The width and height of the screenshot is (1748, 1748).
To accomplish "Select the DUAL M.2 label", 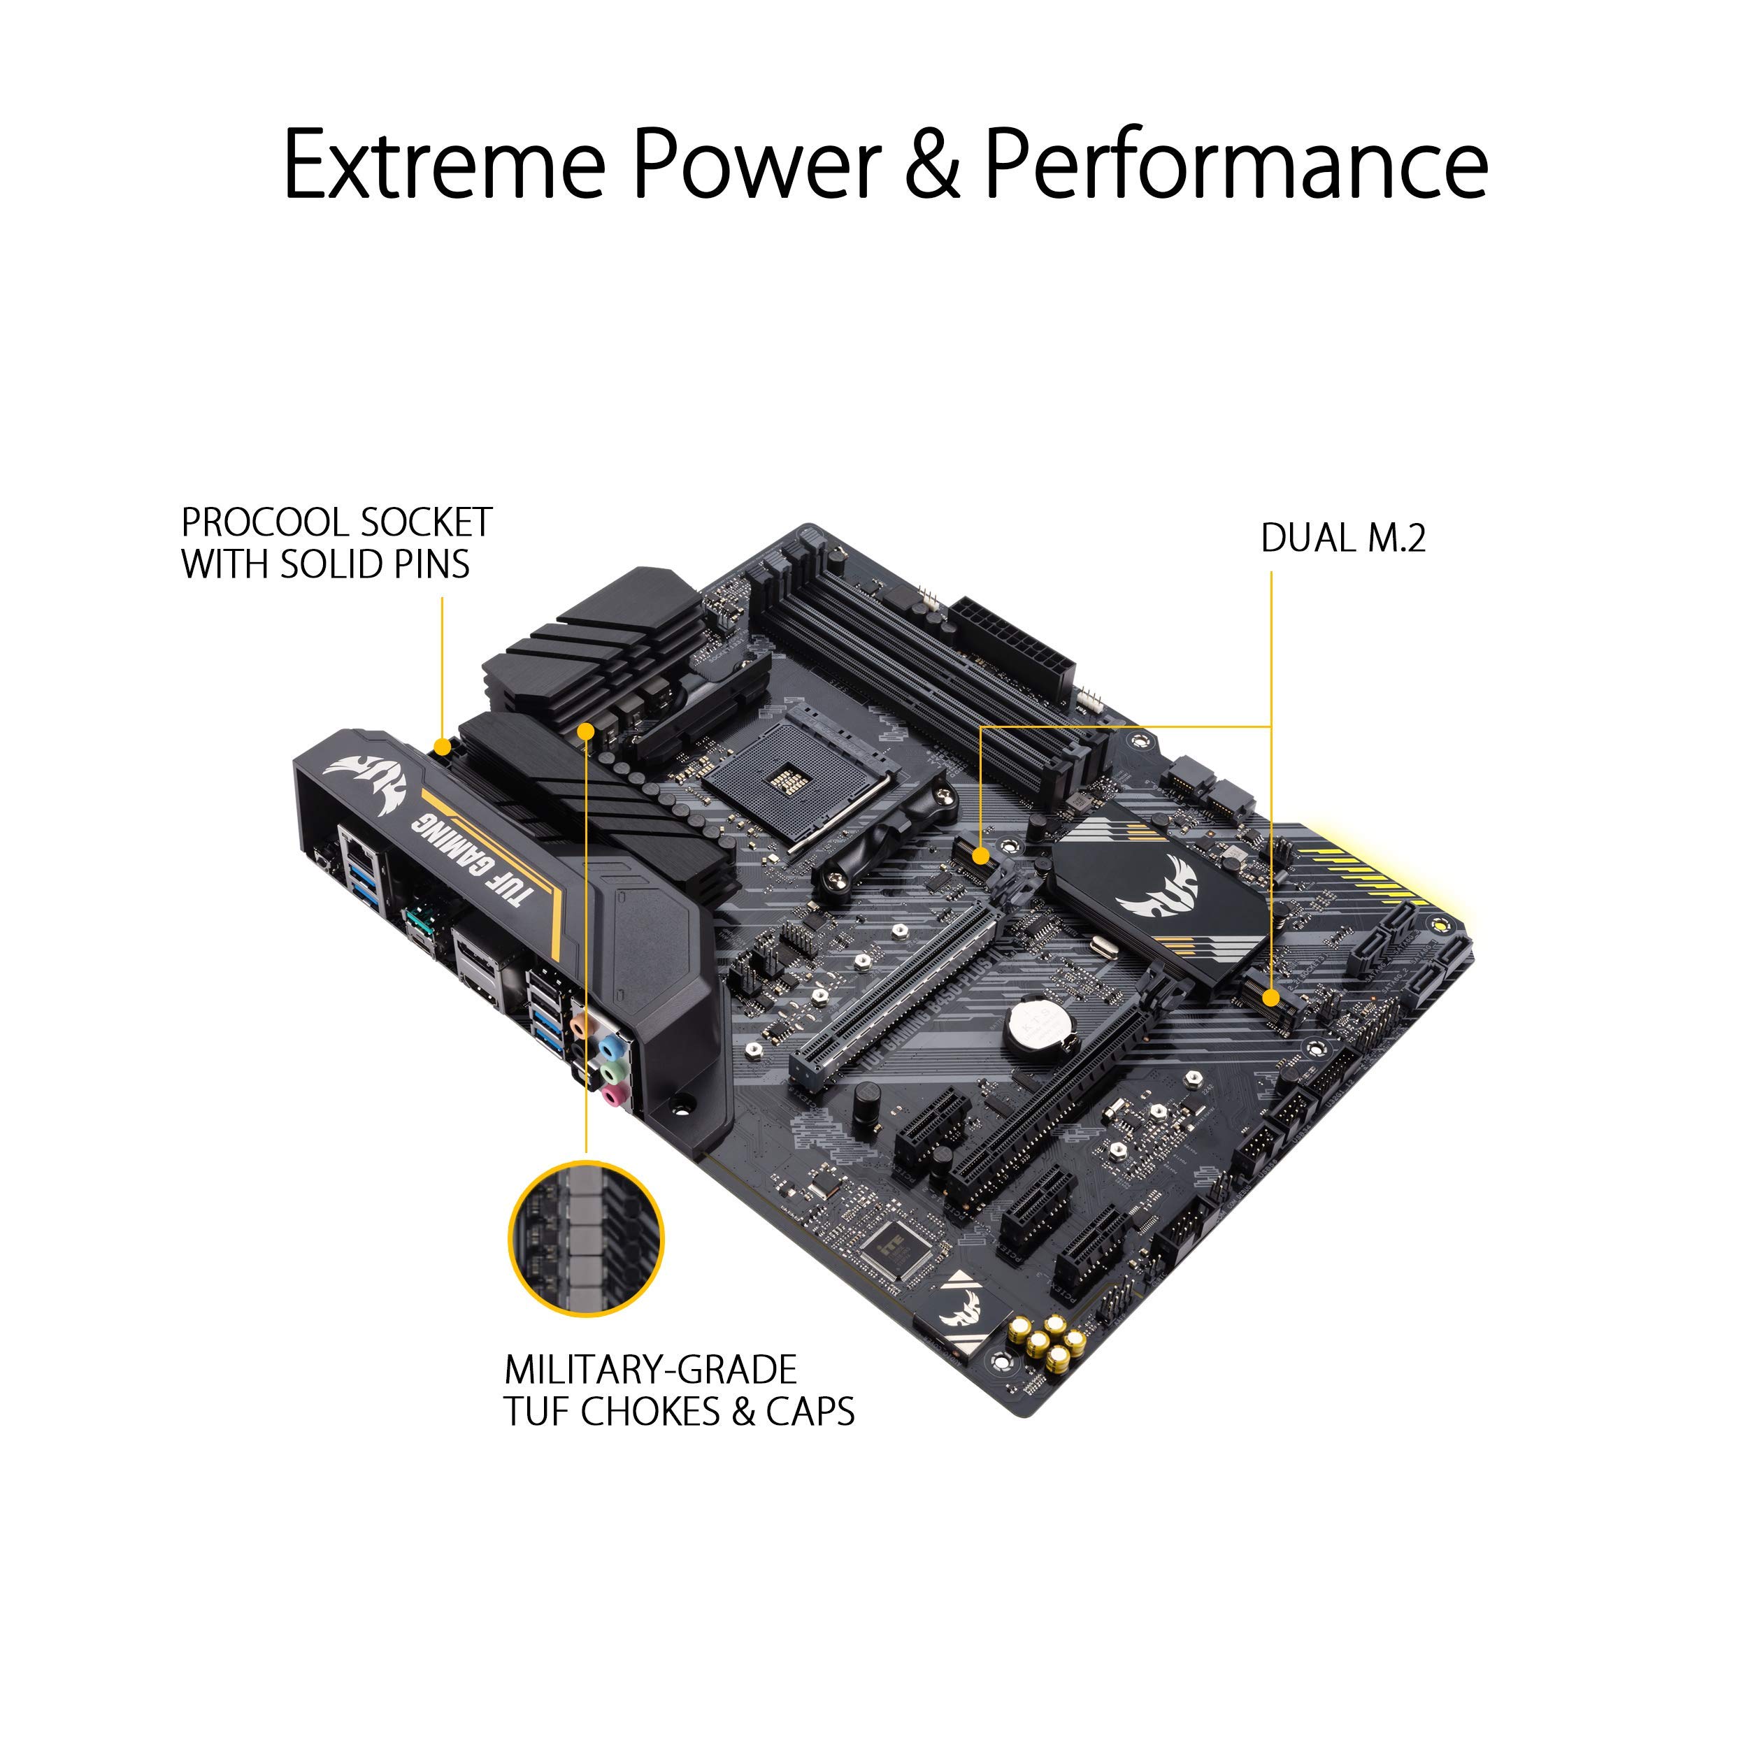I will coord(1342,538).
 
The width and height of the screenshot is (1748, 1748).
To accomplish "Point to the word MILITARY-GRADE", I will coord(650,1370).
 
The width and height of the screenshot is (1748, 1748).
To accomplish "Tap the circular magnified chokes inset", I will coord(587,1240).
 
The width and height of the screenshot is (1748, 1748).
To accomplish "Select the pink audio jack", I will coord(615,1096).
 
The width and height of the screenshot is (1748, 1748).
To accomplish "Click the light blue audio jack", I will coord(612,1047).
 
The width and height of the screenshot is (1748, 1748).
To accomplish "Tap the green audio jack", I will coord(613,1071).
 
